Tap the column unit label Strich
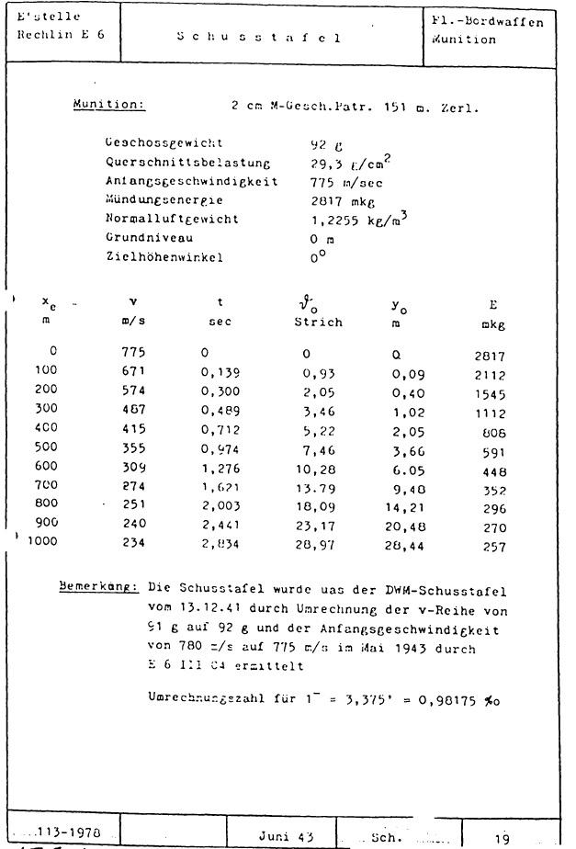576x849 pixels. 318,323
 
